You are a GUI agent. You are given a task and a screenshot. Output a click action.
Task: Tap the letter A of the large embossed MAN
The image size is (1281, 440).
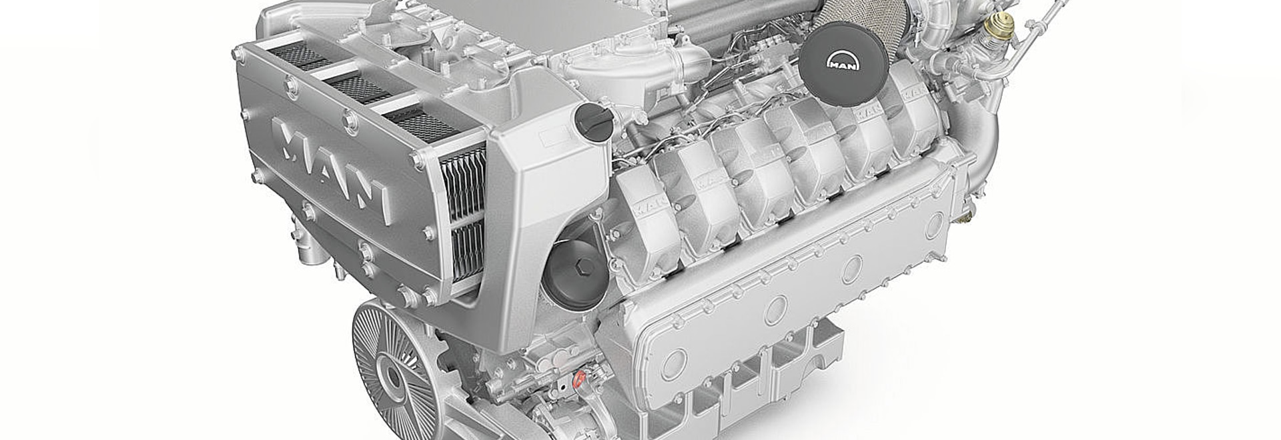point(328,165)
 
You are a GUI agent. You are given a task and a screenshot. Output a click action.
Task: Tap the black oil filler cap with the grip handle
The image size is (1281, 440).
point(594,122)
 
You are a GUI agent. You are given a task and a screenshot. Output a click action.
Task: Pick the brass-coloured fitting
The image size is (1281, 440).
point(999,25)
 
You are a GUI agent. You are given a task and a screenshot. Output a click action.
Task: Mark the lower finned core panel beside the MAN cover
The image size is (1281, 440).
point(467,250)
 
